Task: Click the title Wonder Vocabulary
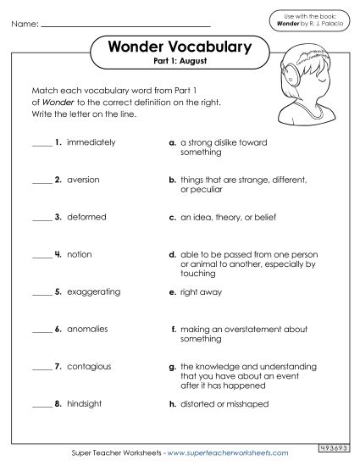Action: pos(180,48)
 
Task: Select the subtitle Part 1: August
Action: pos(180,64)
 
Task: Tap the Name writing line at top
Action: pos(125,25)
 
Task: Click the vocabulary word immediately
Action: pos(91,142)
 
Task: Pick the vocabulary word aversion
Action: pos(83,180)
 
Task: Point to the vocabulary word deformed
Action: pos(86,217)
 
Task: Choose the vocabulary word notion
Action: pos(79,254)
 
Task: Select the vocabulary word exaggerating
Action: pos(93,291)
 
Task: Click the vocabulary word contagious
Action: pos(89,366)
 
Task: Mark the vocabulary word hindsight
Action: pos(85,403)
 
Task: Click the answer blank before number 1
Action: pos(42,145)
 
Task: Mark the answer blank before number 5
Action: pos(42,294)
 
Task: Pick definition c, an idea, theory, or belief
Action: pos(229,217)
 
